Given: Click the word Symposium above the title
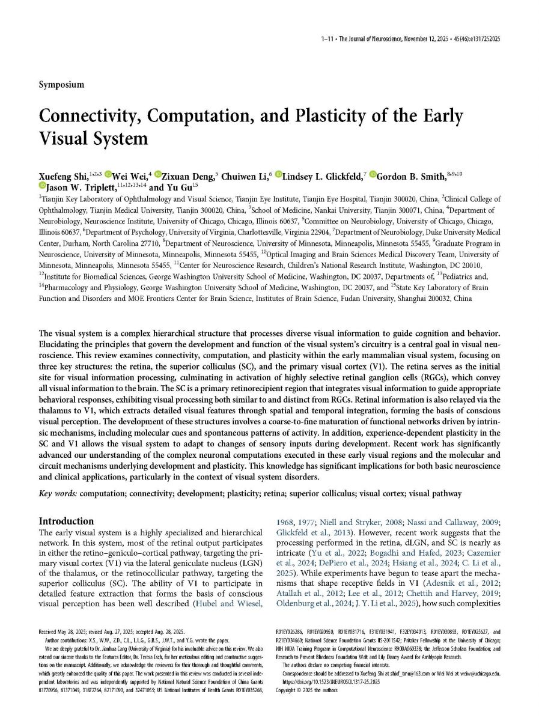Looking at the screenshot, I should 61,85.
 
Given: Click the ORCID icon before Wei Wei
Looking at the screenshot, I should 108,175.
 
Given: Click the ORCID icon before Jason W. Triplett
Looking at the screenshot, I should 42,187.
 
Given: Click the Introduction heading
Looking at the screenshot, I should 66,521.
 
